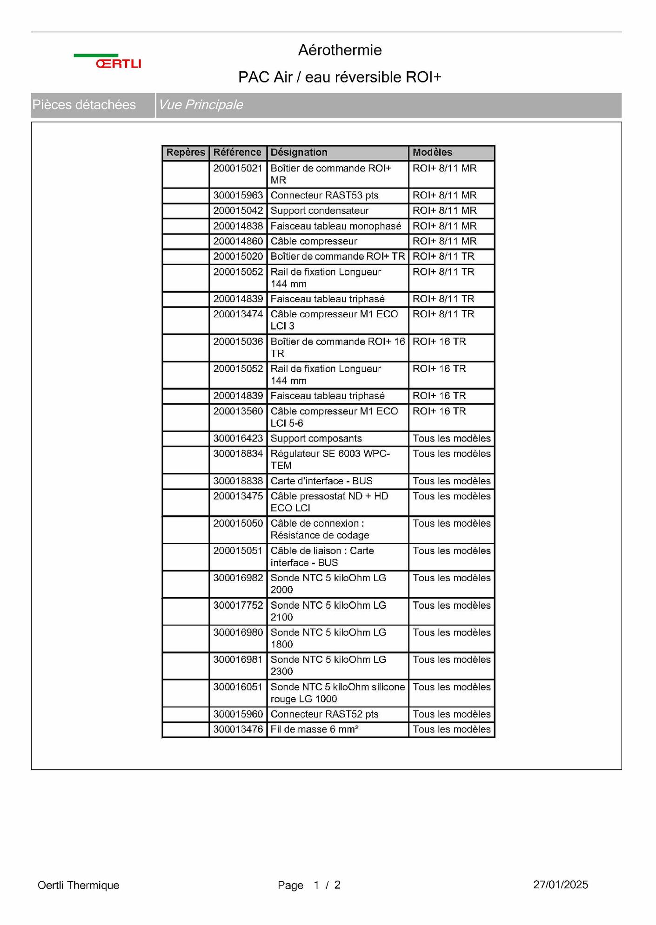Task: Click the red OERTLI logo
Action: click(118, 63)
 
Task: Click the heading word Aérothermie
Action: click(340, 50)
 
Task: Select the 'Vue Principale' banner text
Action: click(201, 105)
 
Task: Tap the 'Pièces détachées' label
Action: click(84, 105)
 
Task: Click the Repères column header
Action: click(186, 152)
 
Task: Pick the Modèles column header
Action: click(432, 152)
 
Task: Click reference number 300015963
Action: click(238, 195)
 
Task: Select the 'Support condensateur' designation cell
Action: click(320, 211)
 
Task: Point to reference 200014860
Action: click(238, 241)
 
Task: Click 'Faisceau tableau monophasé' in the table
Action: click(335, 226)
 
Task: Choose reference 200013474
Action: click(238, 314)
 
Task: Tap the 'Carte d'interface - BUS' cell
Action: click(321, 481)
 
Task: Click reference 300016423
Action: click(238, 438)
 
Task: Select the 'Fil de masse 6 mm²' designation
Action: click(315, 729)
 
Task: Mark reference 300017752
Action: click(238, 605)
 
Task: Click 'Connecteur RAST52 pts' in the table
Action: click(324, 714)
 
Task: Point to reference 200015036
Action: click(238, 341)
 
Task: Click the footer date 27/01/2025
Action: click(560, 884)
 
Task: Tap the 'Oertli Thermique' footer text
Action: click(78, 885)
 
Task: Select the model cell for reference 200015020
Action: click(443, 257)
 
